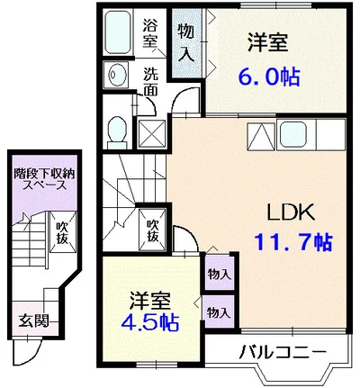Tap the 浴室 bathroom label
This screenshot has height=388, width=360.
(x=150, y=32)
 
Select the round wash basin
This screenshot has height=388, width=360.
(x=115, y=75)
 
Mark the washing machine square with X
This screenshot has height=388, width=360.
(x=152, y=132)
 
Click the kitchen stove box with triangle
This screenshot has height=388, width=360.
(x=259, y=135)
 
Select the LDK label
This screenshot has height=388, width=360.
(x=288, y=212)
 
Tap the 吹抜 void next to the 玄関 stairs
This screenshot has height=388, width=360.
(x=60, y=232)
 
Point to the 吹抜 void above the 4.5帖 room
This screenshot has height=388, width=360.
(x=153, y=230)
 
